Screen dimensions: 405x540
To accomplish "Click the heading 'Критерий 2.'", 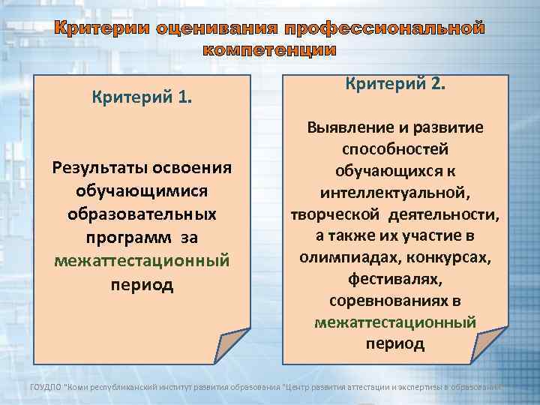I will tap(395, 83).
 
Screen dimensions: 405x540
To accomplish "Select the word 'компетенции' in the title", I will tap(269, 50).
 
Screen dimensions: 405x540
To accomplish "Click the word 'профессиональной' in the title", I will tap(389, 29).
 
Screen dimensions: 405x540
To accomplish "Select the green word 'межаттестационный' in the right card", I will tap(395, 322).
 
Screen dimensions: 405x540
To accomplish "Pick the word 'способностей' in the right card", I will tap(395, 150).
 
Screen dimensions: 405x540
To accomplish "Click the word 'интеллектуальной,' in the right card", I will tap(395, 193).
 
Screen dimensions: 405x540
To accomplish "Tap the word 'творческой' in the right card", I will tap(337, 215).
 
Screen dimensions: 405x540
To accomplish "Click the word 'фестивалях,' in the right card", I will tap(395, 280).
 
